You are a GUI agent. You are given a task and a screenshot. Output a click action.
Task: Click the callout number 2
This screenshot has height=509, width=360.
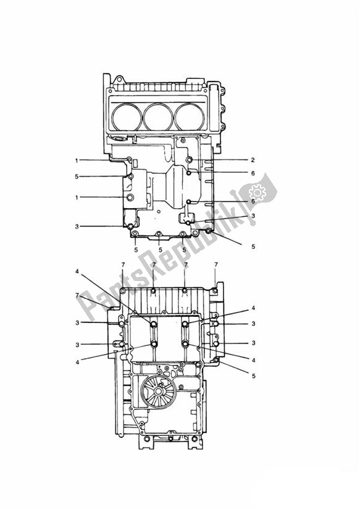click(253, 159)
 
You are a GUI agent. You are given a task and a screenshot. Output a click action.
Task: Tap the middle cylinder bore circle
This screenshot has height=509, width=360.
click(159, 116)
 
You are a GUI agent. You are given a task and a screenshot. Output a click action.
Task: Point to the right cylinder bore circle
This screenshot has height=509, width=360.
click(191, 116)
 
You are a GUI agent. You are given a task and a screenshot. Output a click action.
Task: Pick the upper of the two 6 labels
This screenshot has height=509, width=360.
click(253, 174)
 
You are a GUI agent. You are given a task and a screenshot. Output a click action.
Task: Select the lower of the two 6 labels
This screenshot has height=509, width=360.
click(253, 201)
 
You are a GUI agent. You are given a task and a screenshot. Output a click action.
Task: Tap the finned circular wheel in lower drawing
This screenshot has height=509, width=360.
click(157, 391)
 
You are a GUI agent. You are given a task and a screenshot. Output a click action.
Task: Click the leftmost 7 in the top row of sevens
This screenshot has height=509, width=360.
click(123, 265)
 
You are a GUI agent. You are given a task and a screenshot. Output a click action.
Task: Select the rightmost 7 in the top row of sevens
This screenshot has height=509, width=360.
click(216, 265)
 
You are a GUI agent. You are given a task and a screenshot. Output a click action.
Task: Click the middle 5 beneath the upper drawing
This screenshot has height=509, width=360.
click(160, 250)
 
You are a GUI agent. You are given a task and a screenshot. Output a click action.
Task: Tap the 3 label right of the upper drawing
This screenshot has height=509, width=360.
click(253, 216)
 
